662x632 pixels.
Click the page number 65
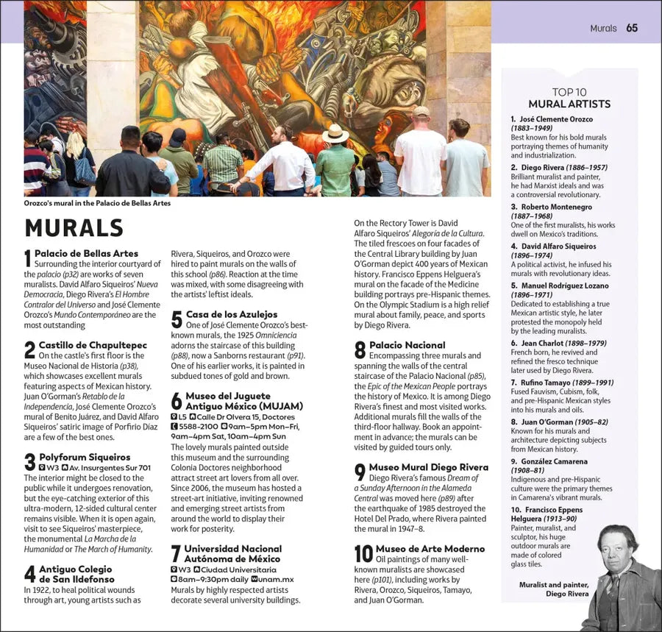(x=632, y=29)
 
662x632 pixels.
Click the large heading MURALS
(x=74, y=227)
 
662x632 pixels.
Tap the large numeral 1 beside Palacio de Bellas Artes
(x=28, y=258)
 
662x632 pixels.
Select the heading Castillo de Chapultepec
(x=93, y=345)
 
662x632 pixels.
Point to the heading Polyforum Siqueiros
(x=85, y=457)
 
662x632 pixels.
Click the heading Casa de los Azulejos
(x=232, y=314)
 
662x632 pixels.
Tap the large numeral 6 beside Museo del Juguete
(x=177, y=401)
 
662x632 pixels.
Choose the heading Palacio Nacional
(x=407, y=345)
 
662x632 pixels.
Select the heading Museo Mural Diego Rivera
(x=428, y=467)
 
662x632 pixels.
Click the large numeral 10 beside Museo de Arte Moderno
(x=363, y=554)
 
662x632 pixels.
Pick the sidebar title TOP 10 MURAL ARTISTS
(x=570, y=98)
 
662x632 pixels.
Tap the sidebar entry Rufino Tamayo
(x=551, y=383)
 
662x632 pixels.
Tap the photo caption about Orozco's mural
(x=97, y=203)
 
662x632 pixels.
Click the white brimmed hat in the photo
(x=335, y=133)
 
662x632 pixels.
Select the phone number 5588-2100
(x=198, y=426)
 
